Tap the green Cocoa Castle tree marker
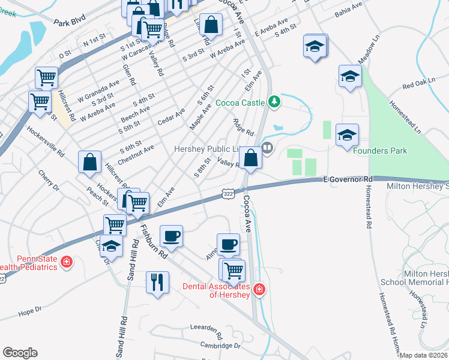[274, 101]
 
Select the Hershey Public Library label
[208, 149]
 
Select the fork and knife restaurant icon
[157, 282]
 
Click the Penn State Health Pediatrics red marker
[67, 262]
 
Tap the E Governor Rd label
[348, 179]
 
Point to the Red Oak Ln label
[417, 86]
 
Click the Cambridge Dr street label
[220, 346]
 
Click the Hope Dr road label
[29, 311]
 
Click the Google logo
[20, 353]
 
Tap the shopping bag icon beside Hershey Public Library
[251, 158]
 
